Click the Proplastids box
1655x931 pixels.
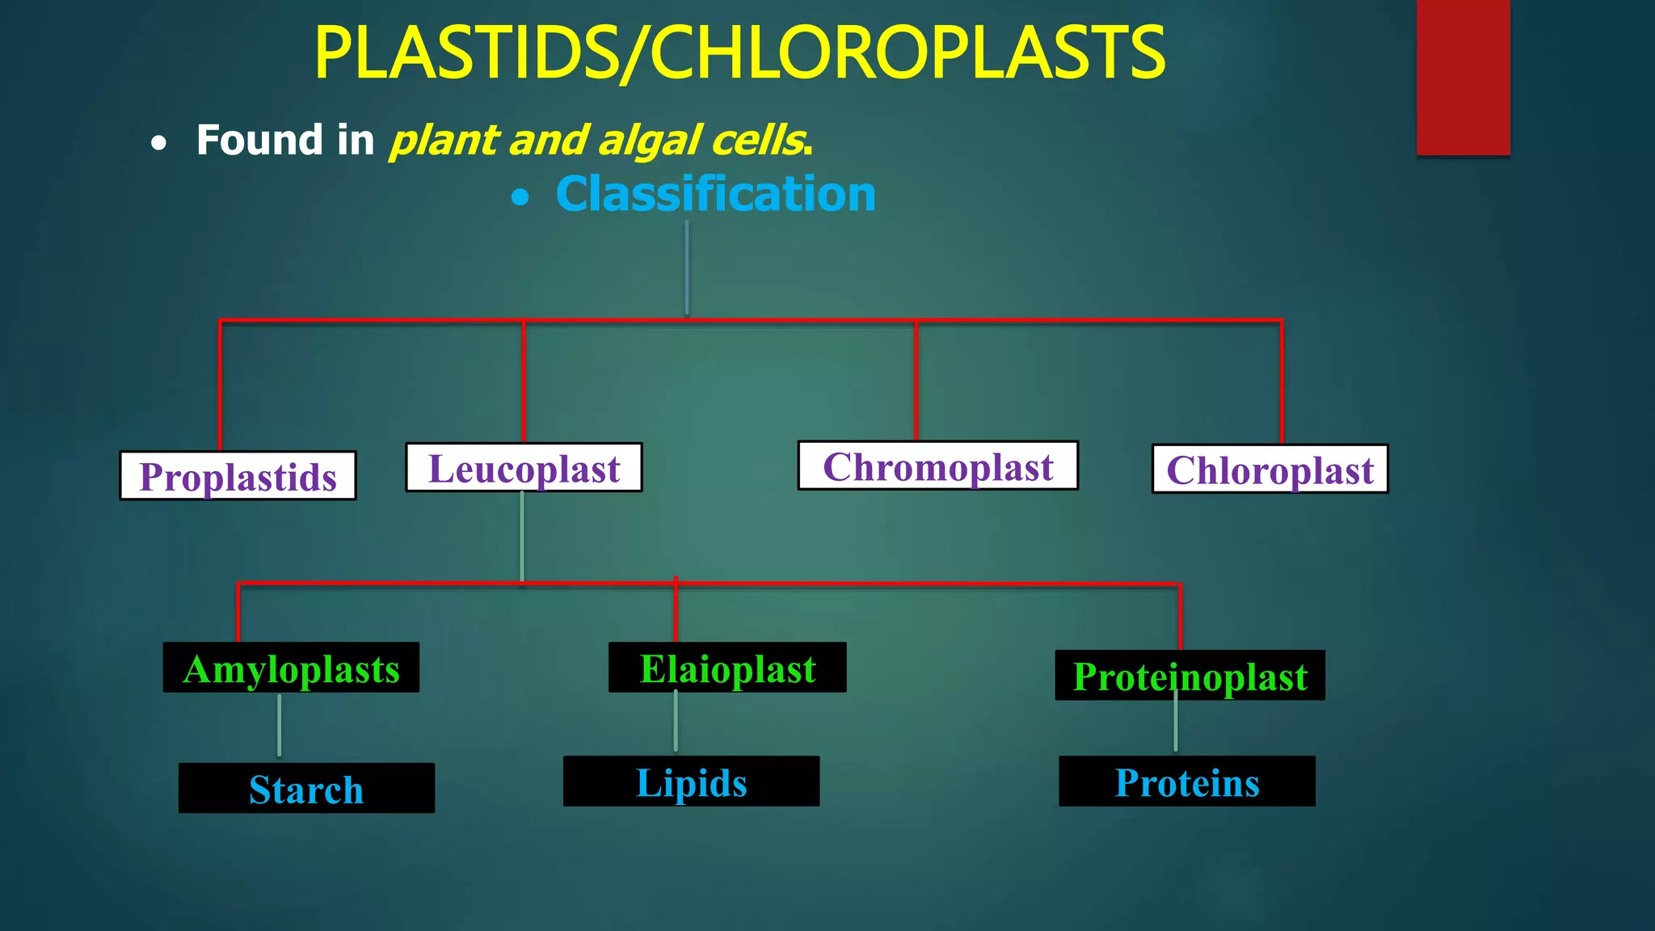click(238, 476)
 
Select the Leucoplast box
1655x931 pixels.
click(524, 468)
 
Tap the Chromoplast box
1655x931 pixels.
click(937, 466)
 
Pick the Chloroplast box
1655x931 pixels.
click(1270, 470)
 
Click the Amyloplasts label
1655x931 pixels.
click(291, 668)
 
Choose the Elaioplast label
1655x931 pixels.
click(727, 668)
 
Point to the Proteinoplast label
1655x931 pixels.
click(1190, 676)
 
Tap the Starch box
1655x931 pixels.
click(306, 789)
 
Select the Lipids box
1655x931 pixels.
click(691, 781)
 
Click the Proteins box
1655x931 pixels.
click(1186, 781)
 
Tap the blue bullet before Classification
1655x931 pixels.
click(521, 197)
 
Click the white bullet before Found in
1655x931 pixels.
click(159, 144)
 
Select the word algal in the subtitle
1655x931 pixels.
click(650, 141)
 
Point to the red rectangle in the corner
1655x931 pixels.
click(1463, 77)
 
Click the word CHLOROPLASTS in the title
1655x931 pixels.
click(907, 53)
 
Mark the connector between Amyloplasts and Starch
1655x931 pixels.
click(280, 725)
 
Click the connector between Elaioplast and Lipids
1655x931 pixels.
click(676, 722)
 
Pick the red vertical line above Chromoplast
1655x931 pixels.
click(916, 380)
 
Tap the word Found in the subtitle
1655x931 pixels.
click(259, 140)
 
